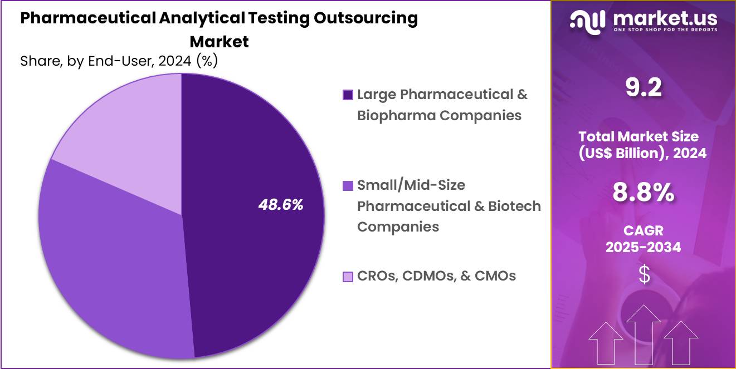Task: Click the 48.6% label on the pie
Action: pyautogui.click(x=281, y=205)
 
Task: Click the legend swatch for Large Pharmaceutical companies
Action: pyautogui.click(x=348, y=95)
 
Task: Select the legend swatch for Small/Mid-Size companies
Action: pyautogui.click(x=348, y=185)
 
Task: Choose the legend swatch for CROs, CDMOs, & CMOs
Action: pyautogui.click(x=348, y=276)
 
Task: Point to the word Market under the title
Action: pyautogui.click(x=219, y=42)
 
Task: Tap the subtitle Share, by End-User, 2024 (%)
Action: pyautogui.click(x=119, y=61)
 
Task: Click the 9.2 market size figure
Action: pyautogui.click(x=643, y=88)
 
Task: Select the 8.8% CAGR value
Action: pyautogui.click(x=643, y=193)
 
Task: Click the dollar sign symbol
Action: pyautogui.click(x=644, y=275)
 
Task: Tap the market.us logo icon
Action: pyautogui.click(x=588, y=22)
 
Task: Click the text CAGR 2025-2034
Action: pyautogui.click(x=643, y=239)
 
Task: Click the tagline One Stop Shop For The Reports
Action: pyautogui.click(x=665, y=30)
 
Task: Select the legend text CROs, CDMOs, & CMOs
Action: pyautogui.click(x=436, y=275)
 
